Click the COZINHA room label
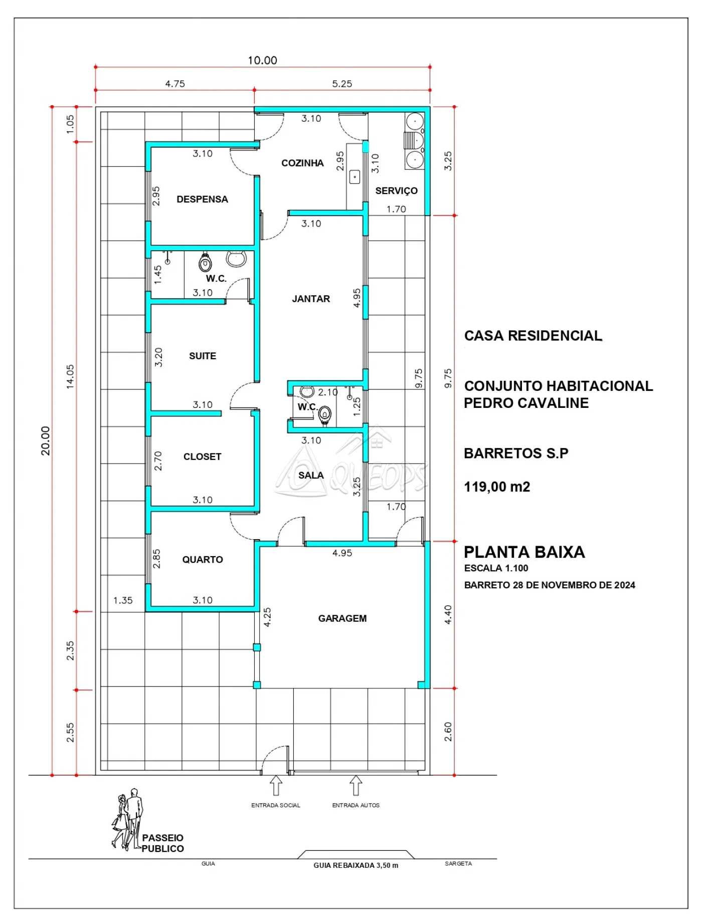(x=302, y=163)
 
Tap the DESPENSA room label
(x=202, y=199)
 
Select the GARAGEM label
(x=342, y=618)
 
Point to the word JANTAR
(x=311, y=299)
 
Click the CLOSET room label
(x=202, y=456)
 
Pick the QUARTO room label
(x=203, y=559)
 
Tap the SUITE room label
(x=203, y=356)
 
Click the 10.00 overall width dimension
(x=262, y=60)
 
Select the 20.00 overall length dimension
(x=46, y=441)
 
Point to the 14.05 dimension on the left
(x=70, y=377)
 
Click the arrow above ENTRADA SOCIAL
(x=276, y=785)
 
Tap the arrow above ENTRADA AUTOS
(x=356, y=785)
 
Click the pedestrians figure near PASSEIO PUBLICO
(x=127, y=819)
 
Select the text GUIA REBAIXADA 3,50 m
(x=356, y=865)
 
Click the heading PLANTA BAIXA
(x=524, y=552)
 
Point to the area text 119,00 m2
(x=497, y=487)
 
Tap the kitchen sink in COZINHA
(x=355, y=177)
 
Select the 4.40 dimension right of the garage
(x=448, y=615)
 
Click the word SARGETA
(x=458, y=863)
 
